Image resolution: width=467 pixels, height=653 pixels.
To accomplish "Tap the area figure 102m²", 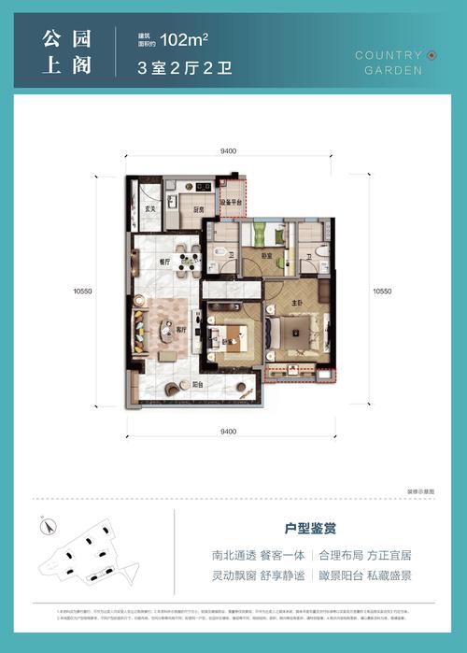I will tap(184, 39).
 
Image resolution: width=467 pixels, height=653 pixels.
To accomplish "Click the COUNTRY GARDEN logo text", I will tap(389, 63).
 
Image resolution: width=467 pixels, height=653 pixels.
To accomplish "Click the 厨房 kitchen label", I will tap(199, 210).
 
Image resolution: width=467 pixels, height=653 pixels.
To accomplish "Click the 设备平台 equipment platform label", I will tap(232, 203).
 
